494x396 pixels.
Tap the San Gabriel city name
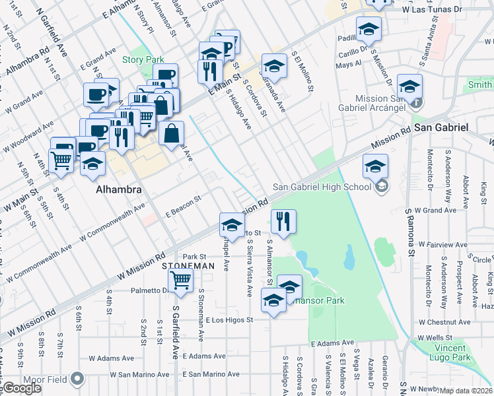click(441, 127)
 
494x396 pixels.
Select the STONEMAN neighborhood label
click(188, 265)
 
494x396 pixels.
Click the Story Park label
click(143, 59)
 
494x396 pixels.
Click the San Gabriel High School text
click(322, 187)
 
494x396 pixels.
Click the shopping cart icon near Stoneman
click(181, 280)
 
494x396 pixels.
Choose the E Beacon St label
click(182, 206)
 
